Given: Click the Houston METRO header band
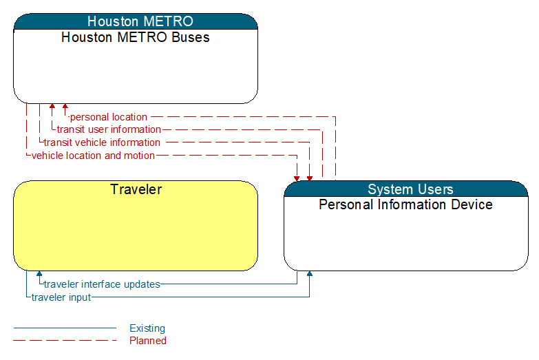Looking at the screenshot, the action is (136, 21).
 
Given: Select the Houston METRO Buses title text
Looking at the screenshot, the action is (136, 37).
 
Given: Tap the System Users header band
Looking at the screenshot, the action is (406, 189).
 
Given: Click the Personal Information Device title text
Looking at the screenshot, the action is (405, 204).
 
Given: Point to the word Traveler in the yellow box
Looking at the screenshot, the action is (136, 189).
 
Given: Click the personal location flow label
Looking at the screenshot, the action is (109, 117).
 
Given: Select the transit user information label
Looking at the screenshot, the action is (109, 129).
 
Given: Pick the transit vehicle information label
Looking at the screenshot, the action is (102, 142).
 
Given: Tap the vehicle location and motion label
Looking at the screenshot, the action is (93, 156).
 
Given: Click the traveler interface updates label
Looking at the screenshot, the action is (102, 284).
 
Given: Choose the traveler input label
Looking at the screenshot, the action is (61, 297).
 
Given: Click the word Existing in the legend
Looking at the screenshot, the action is (147, 328).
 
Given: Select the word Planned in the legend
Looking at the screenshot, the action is (148, 341).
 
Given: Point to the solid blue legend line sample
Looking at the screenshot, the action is (65, 328).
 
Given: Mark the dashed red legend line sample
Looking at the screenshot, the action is (65, 341).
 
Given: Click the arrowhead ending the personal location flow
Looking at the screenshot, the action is (65, 106).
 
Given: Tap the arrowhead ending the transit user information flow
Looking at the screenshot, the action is (52, 106).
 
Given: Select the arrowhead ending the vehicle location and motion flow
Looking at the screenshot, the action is (297, 178).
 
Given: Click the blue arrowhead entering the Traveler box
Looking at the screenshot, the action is (39, 274).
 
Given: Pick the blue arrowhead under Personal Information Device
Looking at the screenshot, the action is (310, 274).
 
